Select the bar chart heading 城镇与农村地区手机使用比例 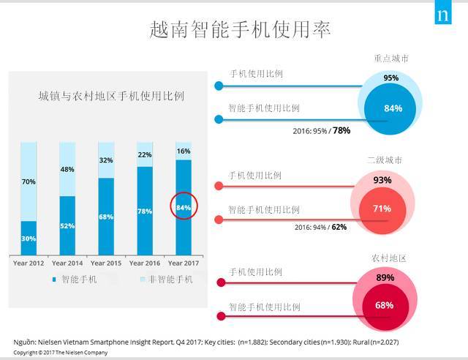point(110,96)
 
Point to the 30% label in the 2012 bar point(29,238)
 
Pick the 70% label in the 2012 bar point(29,181)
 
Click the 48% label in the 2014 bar point(67,169)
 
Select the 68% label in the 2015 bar point(106,217)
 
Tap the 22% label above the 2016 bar point(145,155)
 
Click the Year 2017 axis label point(184,263)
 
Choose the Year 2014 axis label point(67,263)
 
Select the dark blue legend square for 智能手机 point(53,280)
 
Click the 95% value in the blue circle point(391,78)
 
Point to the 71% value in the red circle point(382,209)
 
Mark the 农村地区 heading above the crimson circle point(387,258)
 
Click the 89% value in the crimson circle point(385,278)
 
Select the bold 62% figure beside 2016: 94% point(339,227)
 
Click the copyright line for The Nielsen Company point(60,353)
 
